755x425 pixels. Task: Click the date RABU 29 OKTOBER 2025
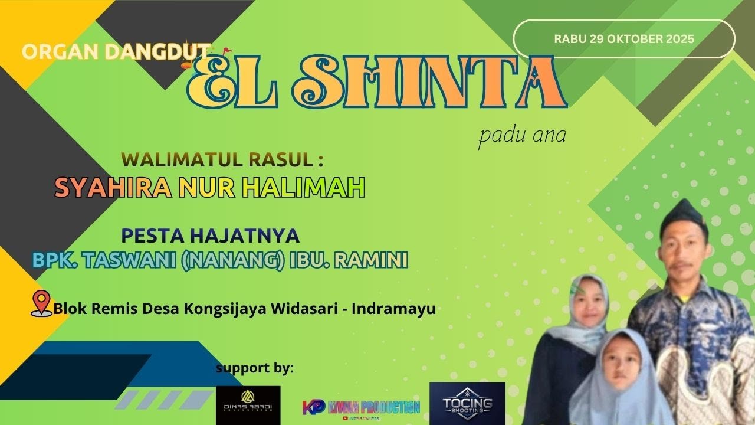pos(624,39)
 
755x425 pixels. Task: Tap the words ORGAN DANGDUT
pos(116,51)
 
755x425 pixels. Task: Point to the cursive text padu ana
pos(522,135)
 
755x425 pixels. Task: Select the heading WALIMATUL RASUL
pos(222,159)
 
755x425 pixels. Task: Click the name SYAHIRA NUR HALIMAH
pos(210,188)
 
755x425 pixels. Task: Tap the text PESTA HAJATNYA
pos(211,236)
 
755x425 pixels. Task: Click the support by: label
pos(254,368)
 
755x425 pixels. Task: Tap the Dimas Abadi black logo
pos(248,404)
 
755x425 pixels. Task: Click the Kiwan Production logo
pos(361,407)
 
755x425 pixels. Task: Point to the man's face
pos(685,248)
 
